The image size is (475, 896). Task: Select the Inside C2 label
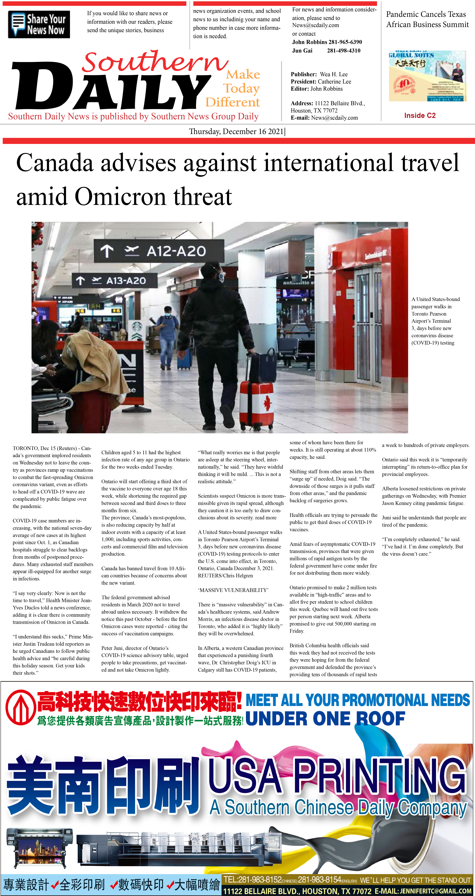[420, 115]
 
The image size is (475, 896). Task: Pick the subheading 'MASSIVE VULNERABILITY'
[233, 590]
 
